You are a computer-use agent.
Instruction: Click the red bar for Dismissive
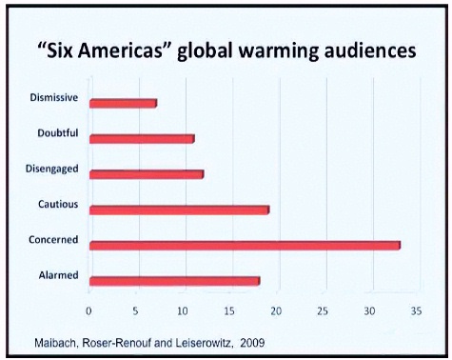pyautogui.click(x=123, y=103)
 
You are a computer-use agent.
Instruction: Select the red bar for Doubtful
pyautogui.click(x=142, y=138)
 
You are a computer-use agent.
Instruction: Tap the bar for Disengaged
pyautogui.click(x=147, y=174)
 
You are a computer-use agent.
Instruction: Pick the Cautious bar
pyautogui.click(x=179, y=210)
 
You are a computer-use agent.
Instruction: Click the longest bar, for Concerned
pyautogui.click(x=245, y=245)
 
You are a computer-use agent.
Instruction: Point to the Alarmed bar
pyautogui.click(x=174, y=281)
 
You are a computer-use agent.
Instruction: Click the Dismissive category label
pyautogui.click(x=53, y=96)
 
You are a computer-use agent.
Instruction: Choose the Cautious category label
pyautogui.click(x=58, y=204)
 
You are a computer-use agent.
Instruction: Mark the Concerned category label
pyautogui.click(x=54, y=239)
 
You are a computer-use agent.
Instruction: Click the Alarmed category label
pyautogui.click(x=58, y=275)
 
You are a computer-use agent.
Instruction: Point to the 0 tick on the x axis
pyautogui.click(x=89, y=310)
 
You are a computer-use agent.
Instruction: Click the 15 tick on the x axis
pyautogui.click(x=229, y=310)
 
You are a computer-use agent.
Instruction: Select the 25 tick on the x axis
pyautogui.click(x=323, y=310)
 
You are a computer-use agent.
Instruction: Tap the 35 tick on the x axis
pyautogui.click(x=415, y=310)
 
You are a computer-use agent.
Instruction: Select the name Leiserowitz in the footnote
pyautogui.click(x=196, y=340)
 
